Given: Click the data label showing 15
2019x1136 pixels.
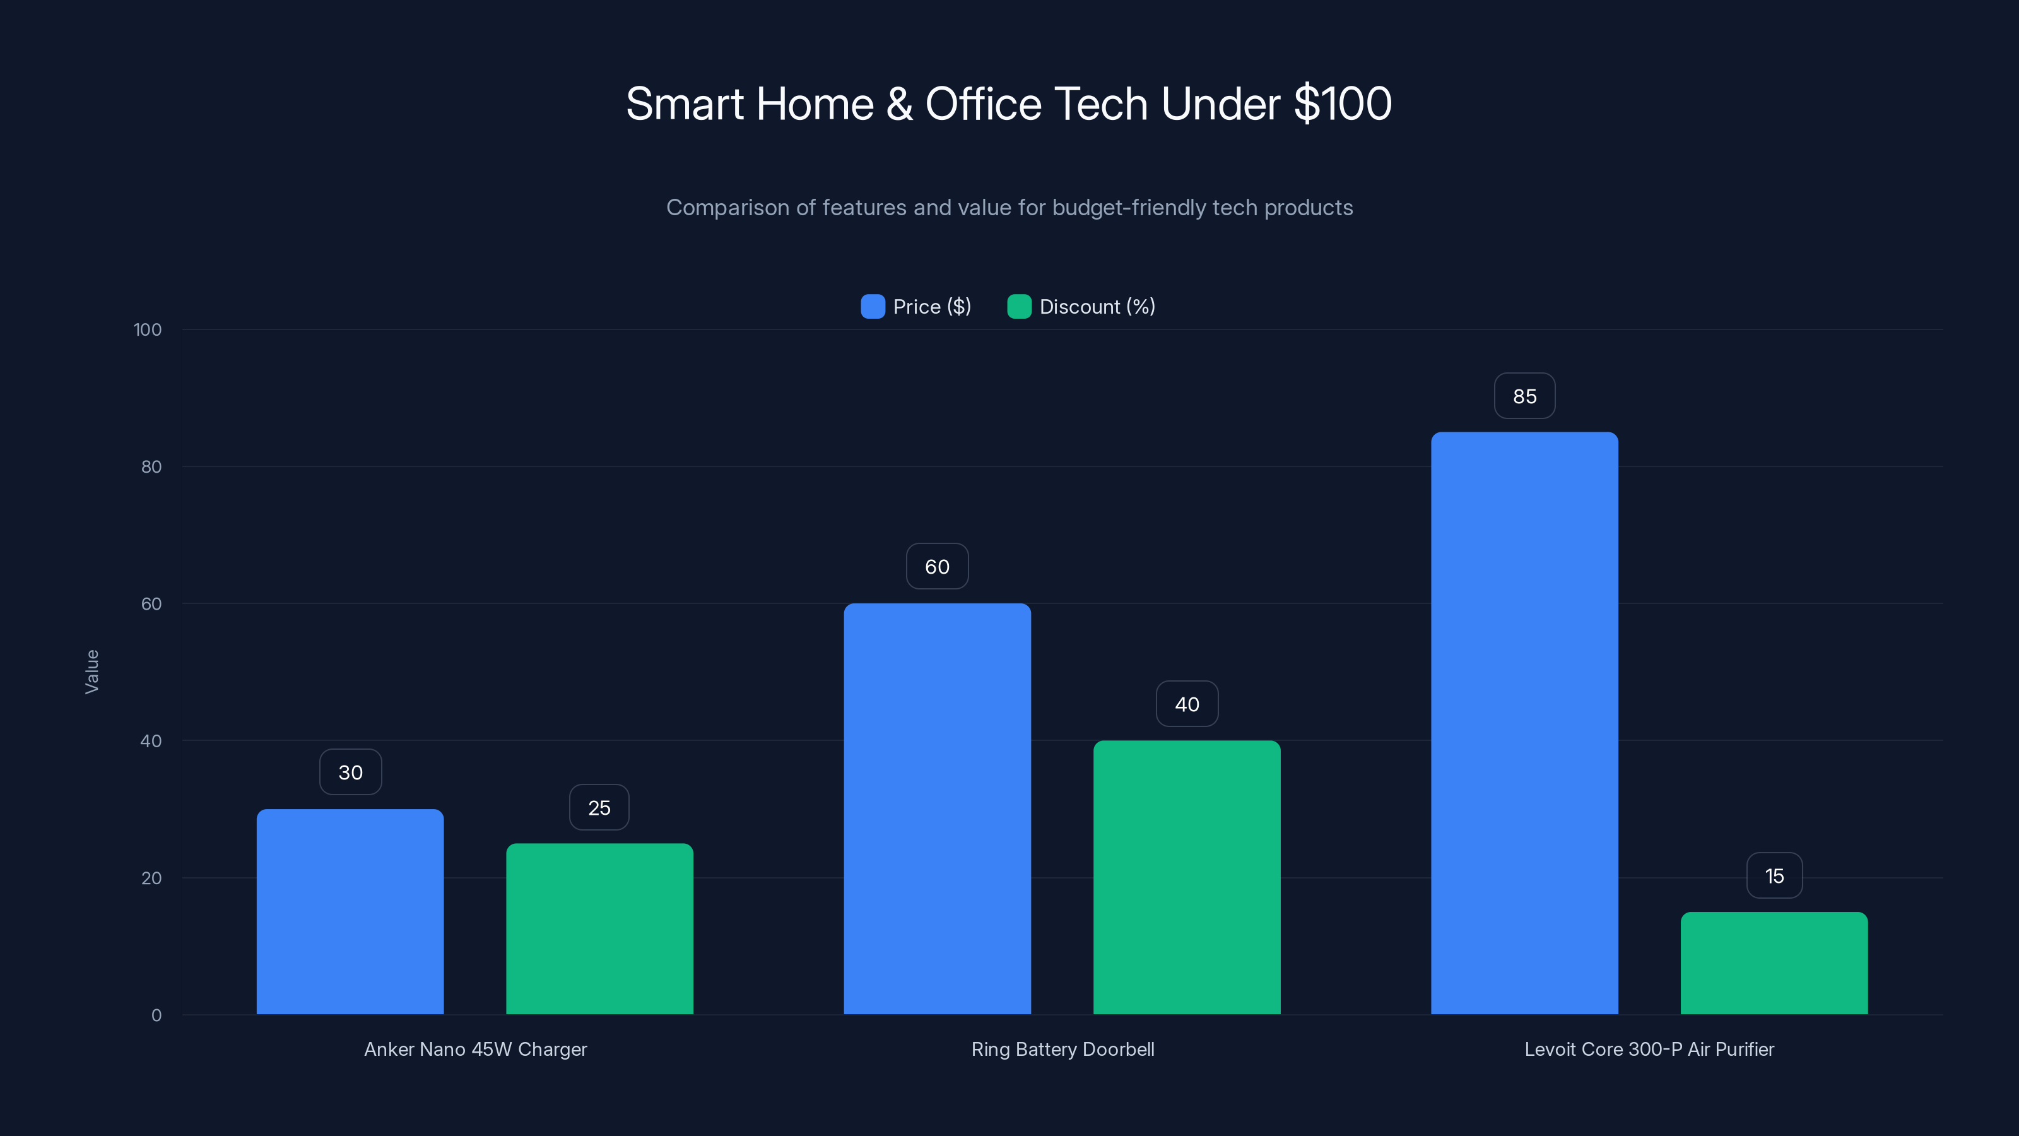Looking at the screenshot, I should pos(1774,876).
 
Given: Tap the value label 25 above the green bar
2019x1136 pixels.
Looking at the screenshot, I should pos(599,808).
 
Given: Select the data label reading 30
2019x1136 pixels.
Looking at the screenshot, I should pos(350,772).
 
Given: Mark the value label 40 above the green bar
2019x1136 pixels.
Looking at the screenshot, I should pos(1187,704).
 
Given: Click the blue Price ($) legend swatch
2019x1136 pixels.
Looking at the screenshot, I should pos(873,307).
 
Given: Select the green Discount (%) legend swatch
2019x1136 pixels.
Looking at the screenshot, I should pos(1019,307).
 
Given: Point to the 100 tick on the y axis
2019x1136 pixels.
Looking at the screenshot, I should pos(148,330).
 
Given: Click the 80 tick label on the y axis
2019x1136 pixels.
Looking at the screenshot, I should pos(151,467).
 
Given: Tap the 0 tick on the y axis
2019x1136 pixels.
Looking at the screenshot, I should pos(156,1015).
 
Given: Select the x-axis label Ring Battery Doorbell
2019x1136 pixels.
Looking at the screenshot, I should pos(1062,1049).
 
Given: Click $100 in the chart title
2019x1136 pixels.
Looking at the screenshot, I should pos(1342,104).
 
